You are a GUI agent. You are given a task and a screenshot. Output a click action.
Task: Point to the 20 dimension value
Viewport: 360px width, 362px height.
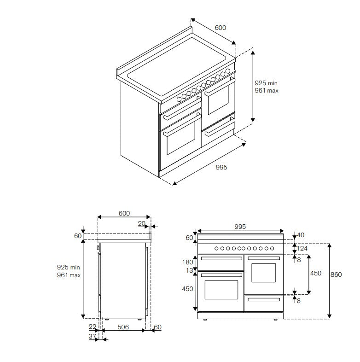[x=141, y=224]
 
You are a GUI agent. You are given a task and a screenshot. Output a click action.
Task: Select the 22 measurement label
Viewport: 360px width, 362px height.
[x=93, y=327]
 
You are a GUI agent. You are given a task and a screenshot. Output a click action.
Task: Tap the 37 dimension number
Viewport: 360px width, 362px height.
[x=92, y=336]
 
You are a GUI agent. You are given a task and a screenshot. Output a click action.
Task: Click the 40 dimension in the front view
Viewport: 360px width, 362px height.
[x=301, y=235]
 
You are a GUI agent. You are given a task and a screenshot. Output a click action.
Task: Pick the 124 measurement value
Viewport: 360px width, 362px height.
[x=302, y=249]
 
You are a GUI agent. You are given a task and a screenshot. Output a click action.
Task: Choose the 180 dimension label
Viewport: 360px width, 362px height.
[x=188, y=262]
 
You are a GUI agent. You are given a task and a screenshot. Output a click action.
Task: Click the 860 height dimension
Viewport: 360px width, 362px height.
[x=336, y=274]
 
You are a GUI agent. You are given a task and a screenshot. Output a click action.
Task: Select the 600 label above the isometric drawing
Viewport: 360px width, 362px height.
[x=221, y=28]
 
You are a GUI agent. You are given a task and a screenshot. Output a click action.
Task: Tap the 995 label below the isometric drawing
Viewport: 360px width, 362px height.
[x=221, y=167]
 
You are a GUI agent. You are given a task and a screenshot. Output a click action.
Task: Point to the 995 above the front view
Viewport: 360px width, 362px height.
[x=240, y=227]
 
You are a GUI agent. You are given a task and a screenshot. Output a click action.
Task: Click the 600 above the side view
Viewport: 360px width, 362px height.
[x=124, y=213]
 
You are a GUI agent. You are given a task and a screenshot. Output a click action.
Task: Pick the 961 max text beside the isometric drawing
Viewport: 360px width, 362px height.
[x=267, y=91]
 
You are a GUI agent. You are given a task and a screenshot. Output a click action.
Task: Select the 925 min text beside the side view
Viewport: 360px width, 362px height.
[x=69, y=267]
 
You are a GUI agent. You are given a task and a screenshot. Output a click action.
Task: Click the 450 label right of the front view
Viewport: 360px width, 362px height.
[x=316, y=274]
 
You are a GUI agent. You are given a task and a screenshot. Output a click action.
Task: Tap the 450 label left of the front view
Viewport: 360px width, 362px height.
[x=188, y=289]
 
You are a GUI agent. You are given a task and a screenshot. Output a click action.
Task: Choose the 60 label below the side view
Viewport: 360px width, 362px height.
[x=158, y=327]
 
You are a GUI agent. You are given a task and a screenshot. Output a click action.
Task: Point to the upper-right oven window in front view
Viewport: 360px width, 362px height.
[x=263, y=272]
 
